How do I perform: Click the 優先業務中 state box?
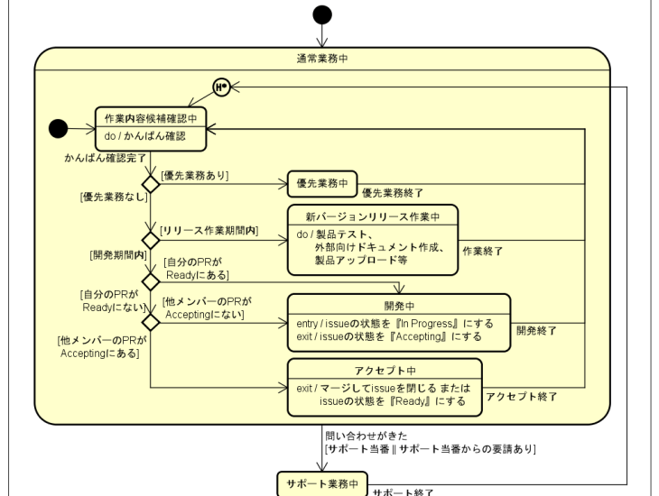pyautogui.click(x=322, y=184)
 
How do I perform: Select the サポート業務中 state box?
pyautogui.click(x=323, y=483)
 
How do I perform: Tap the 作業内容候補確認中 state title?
pyautogui.click(x=151, y=117)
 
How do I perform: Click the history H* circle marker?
pyautogui.click(x=219, y=87)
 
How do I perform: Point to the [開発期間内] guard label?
pyautogui.click(x=118, y=255)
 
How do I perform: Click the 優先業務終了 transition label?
pyautogui.click(x=393, y=193)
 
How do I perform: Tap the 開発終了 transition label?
pyautogui.click(x=536, y=331)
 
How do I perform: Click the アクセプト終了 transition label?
pyautogui.click(x=522, y=396)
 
